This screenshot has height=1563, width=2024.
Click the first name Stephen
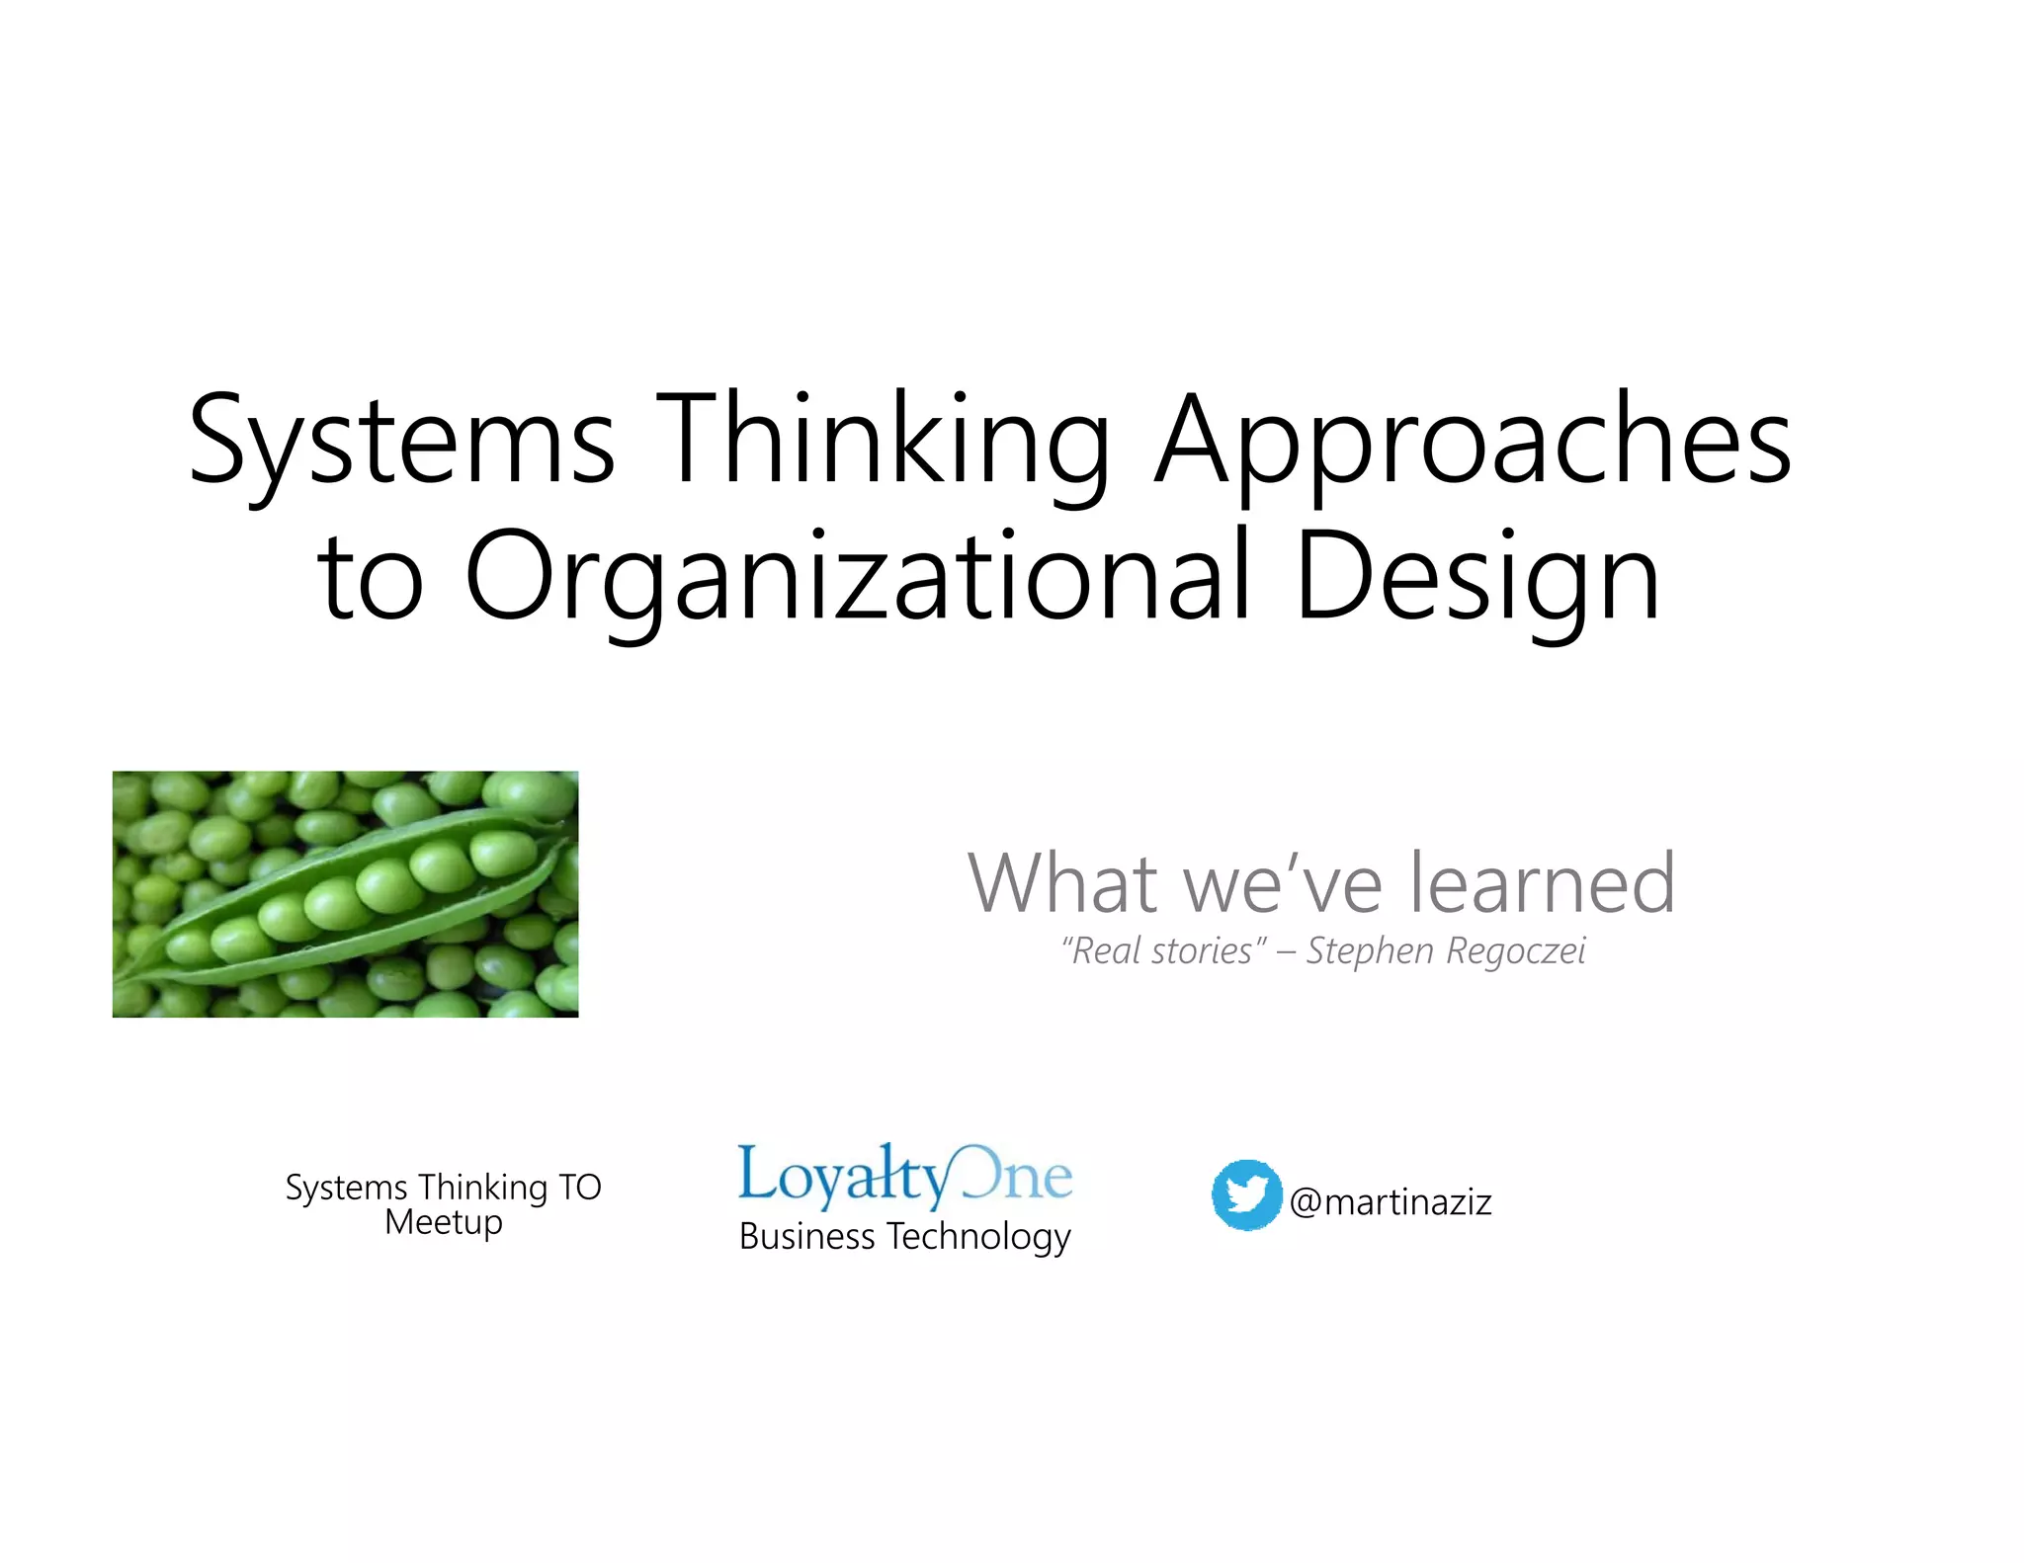[1370, 950]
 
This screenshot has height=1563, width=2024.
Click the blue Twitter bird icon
[1246, 1194]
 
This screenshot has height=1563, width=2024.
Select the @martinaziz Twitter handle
[1391, 1202]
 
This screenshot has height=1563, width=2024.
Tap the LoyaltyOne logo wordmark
[904, 1176]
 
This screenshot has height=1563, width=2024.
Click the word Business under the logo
[806, 1236]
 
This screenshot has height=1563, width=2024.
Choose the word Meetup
[444, 1222]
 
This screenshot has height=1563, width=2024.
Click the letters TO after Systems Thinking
[580, 1187]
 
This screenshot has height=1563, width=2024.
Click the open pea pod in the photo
[346, 894]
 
